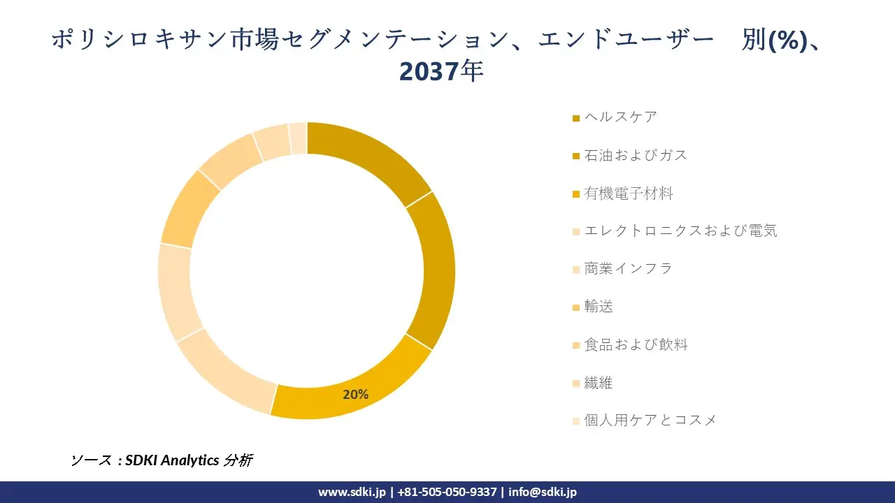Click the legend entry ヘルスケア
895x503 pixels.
[621, 117]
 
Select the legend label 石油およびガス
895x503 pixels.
[636, 155]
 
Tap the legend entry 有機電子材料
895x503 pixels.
[629, 194]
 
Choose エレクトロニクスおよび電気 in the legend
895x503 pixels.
[680, 231]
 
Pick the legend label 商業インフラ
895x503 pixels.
[628, 268]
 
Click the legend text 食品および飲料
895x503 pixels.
[636, 344]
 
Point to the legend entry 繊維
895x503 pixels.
[599, 382]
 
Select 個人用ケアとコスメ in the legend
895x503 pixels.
[650, 420]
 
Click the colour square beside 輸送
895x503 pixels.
[576, 307]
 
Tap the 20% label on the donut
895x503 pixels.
[355, 395]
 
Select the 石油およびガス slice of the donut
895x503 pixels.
[437, 269]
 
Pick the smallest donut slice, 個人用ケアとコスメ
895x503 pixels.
[298, 137]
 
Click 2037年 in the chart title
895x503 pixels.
[441, 71]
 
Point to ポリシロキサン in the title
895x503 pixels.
[140, 40]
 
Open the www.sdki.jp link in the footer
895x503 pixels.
[352, 492]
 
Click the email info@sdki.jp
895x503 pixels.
[543, 492]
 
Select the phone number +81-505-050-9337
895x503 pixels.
[447, 492]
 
